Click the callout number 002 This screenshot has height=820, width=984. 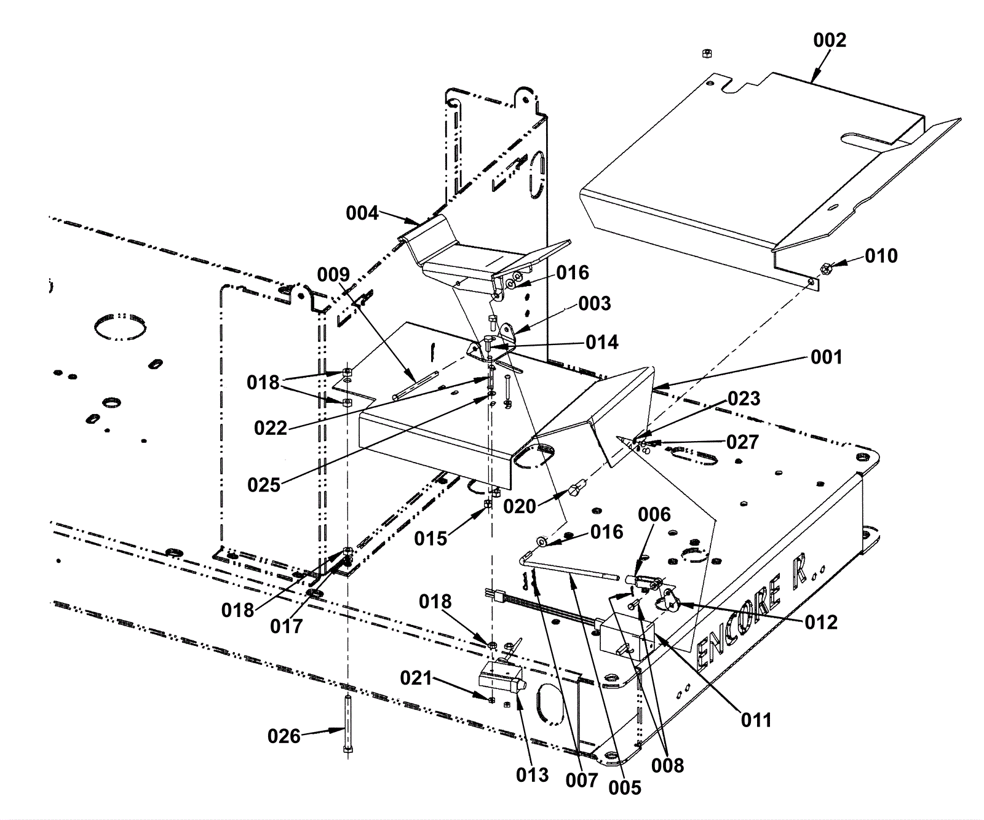click(x=830, y=40)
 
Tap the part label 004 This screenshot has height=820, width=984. click(x=362, y=213)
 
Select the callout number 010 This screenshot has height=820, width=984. click(x=881, y=256)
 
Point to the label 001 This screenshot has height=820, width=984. click(x=826, y=357)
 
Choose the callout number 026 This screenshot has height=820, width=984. click(x=284, y=736)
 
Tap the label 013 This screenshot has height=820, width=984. click(x=533, y=775)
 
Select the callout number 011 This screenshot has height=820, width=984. click(x=755, y=720)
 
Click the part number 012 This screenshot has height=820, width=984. click(x=821, y=623)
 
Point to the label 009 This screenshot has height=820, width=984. click(x=333, y=274)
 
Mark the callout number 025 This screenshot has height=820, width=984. click(x=264, y=485)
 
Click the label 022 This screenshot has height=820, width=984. click(x=271, y=428)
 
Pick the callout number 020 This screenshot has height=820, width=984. click(x=520, y=506)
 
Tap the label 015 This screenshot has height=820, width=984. click(x=430, y=539)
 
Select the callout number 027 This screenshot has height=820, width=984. click(x=742, y=442)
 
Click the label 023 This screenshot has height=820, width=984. click(x=744, y=399)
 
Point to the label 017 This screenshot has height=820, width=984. click(x=287, y=626)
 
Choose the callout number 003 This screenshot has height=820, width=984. click(x=595, y=303)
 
